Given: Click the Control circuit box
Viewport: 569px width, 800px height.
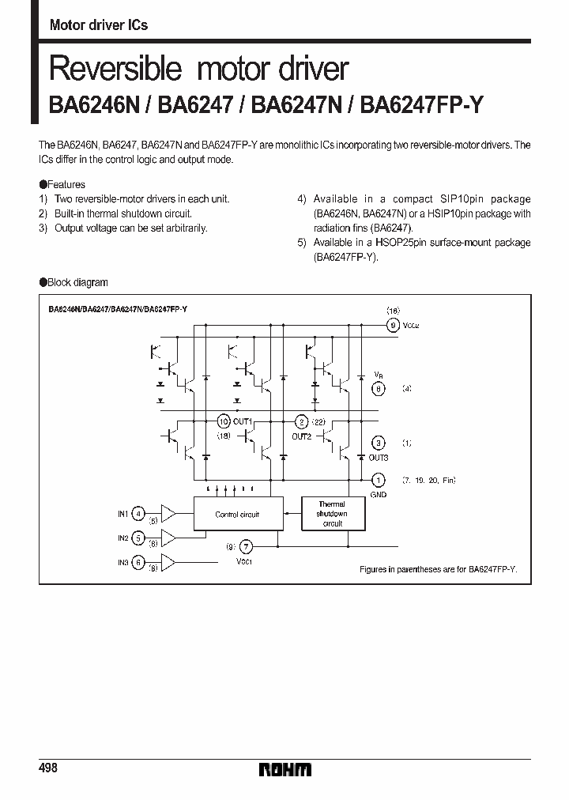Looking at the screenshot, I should click(237, 515).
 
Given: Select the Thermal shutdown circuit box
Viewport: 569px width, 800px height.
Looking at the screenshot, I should click(332, 514).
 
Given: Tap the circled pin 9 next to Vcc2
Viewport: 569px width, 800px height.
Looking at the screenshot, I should click(392, 325).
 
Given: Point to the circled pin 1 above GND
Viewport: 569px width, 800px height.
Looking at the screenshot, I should click(379, 480).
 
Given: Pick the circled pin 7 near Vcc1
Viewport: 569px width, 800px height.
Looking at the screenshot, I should click(247, 546).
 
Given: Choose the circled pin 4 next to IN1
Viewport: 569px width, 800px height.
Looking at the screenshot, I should click(138, 514).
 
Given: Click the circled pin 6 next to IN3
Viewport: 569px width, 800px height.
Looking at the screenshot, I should click(138, 562).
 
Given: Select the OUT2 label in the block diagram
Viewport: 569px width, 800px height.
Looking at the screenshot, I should click(301, 436).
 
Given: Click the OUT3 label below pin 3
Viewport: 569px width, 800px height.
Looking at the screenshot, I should click(379, 458).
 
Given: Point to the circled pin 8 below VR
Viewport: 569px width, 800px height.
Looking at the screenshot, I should click(379, 388).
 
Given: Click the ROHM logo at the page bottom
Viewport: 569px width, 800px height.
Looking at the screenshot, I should click(284, 769).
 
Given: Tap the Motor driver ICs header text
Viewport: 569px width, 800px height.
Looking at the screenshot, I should click(99, 25).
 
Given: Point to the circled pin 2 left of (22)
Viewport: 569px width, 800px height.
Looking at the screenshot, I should click(300, 421).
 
